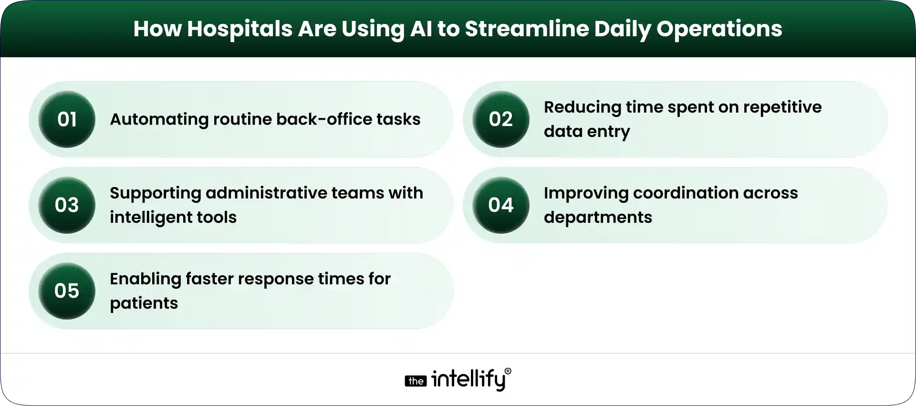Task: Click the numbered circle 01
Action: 67,119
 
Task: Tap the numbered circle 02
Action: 500,119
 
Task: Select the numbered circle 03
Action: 67,205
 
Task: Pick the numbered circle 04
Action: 500,205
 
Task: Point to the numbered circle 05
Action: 67,291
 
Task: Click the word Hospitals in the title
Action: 239,29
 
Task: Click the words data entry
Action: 586,132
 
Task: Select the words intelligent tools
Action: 173,218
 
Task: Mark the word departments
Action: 597,218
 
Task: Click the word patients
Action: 144,303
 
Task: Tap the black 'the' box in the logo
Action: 416,381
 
